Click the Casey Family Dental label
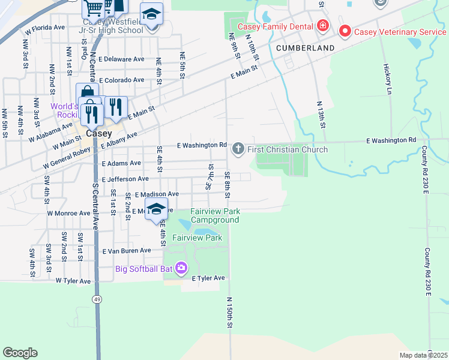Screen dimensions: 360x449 276,26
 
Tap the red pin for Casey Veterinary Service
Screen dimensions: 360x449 345,31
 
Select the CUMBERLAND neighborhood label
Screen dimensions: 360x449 306,47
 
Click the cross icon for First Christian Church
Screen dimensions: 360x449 238,149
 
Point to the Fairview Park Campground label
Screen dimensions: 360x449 215,216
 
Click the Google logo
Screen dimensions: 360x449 20,352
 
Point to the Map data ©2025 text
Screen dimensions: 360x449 423,355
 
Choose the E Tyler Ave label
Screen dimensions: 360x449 208,278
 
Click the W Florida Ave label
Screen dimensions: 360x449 44,28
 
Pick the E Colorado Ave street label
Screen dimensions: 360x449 122,80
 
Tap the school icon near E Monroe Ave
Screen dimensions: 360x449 156,209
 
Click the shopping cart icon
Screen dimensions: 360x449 94,8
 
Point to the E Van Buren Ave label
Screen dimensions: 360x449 127,251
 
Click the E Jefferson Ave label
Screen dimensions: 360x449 125,179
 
